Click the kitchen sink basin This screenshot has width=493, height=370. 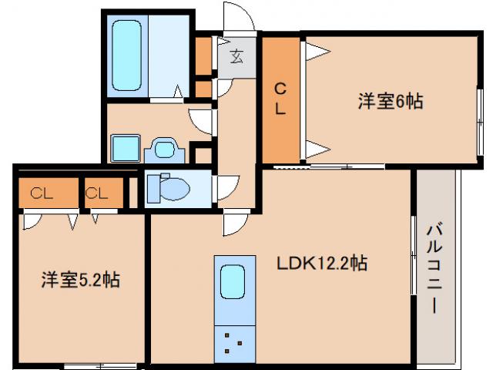coord(233,281)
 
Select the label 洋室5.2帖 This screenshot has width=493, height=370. coord(80,279)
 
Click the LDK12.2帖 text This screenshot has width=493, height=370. coord(321,264)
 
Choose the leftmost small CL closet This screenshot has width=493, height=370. coord(45,193)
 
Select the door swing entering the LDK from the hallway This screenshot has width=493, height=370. coord(233,225)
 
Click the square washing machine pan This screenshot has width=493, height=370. coord(123,146)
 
